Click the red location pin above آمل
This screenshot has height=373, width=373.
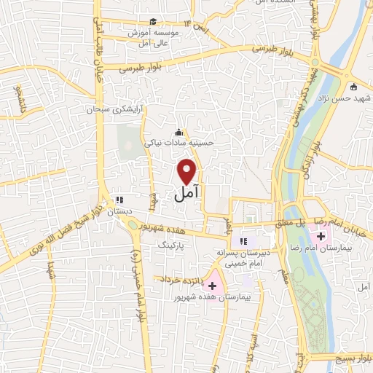point(188,172)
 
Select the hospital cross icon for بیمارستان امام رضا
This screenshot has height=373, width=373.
point(321,236)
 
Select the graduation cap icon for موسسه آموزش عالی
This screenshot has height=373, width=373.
point(153,22)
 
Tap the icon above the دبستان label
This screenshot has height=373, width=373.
point(121,198)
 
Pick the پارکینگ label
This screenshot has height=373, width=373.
point(173,246)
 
